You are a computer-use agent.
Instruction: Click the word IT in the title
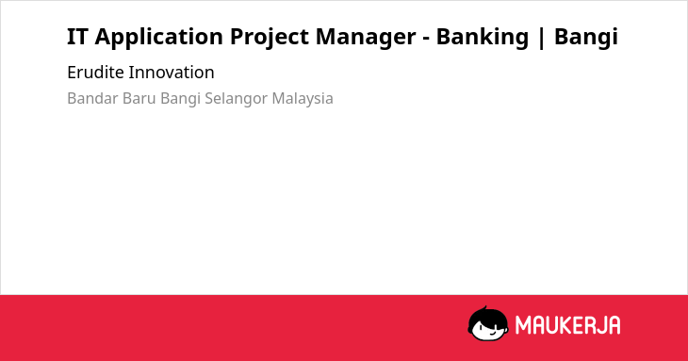click(77, 37)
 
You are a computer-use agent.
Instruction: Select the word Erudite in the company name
click(95, 73)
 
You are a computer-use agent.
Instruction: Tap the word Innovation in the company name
click(172, 73)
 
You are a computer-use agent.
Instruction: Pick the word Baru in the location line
click(139, 98)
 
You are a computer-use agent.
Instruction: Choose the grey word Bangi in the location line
click(180, 99)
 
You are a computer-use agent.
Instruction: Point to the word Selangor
click(236, 99)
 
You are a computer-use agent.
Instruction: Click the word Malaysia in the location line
click(303, 99)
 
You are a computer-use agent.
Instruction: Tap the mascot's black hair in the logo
click(487, 317)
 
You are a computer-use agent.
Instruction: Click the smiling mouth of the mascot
click(492, 333)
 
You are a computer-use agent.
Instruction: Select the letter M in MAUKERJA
click(522, 325)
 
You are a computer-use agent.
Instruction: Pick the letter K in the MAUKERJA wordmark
click(569, 325)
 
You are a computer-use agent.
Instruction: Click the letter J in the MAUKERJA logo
click(599, 325)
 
